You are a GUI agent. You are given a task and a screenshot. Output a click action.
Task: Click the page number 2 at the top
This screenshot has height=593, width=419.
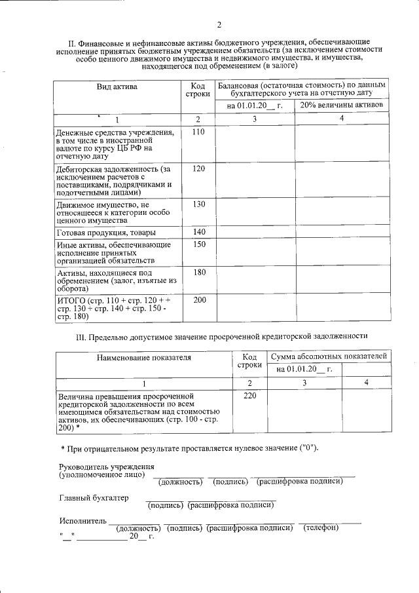[x=219, y=26]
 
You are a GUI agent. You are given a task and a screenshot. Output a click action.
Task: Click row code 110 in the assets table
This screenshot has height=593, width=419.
[x=198, y=132]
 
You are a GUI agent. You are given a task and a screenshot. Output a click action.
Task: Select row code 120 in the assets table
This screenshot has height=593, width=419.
[x=198, y=169]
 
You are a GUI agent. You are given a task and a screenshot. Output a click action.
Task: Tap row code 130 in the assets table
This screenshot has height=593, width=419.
[x=198, y=204]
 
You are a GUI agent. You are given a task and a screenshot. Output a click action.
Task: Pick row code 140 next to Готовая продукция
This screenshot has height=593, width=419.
[x=198, y=233]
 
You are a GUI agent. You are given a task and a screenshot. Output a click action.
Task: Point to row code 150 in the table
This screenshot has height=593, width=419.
[x=198, y=244]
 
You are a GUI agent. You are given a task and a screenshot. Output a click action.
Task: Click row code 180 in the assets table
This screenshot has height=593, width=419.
[x=198, y=273]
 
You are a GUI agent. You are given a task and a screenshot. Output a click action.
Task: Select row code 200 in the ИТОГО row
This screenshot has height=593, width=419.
[x=198, y=299]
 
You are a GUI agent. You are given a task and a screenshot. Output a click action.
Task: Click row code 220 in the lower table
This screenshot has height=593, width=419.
[x=249, y=396]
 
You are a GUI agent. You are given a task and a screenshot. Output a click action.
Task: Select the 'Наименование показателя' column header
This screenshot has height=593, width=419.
[x=144, y=358]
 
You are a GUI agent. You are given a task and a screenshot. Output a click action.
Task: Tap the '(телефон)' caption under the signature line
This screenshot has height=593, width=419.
[x=321, y=528]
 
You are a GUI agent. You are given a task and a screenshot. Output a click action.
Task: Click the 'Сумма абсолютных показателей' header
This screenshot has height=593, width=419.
[x=328, y=356]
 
